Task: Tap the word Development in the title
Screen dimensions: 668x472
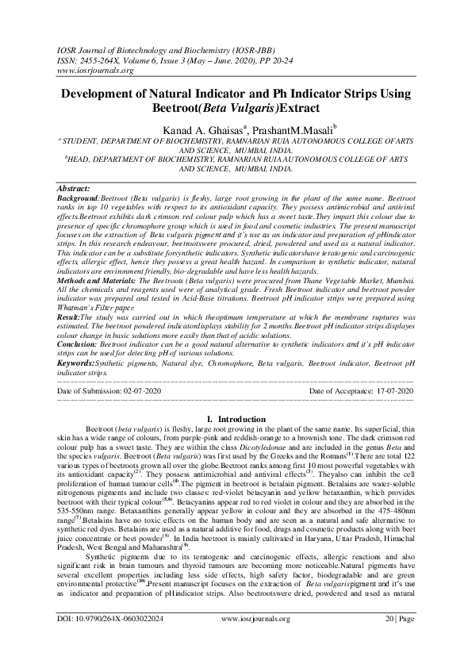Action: (109, 94)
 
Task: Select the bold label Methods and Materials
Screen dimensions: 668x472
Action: (103, 282)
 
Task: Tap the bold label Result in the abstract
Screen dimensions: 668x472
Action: (71, 316)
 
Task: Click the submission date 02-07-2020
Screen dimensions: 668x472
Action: (143, 391)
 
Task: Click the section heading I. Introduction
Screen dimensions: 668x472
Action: (236, 417)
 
